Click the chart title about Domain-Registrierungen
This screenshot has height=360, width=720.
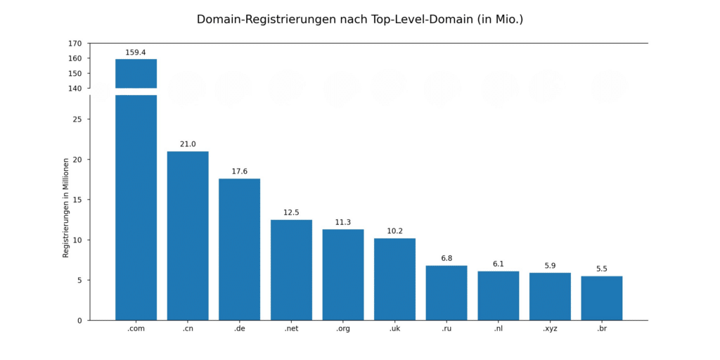coord(360,20)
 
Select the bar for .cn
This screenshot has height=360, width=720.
coord(188,236)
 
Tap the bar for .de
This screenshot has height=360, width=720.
coord(239,250)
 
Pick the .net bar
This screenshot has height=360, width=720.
coord(291,270)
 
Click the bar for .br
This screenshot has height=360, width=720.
coord(601,298)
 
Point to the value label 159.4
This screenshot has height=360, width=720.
coord(136,53)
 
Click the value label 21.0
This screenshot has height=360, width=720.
coord(188,144)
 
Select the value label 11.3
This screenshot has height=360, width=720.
coord(343,222)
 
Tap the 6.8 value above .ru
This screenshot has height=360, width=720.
coord(446,259)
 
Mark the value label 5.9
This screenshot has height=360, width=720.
coord(550,266)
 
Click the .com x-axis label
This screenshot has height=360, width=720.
coord(136,329)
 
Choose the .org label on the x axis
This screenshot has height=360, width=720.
coord(343,329)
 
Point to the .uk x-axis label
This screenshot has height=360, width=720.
coord(394,329)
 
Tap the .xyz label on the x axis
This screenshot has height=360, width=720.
coord(550,329)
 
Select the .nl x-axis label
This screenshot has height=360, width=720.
coord(498,329)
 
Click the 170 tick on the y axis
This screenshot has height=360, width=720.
coord(75,44)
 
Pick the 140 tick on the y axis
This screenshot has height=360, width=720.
coord(75,89)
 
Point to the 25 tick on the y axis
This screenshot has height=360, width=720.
coord(77,120)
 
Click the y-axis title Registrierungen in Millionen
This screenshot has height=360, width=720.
coord(66,207)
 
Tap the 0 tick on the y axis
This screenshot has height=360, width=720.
coord(79,321)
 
